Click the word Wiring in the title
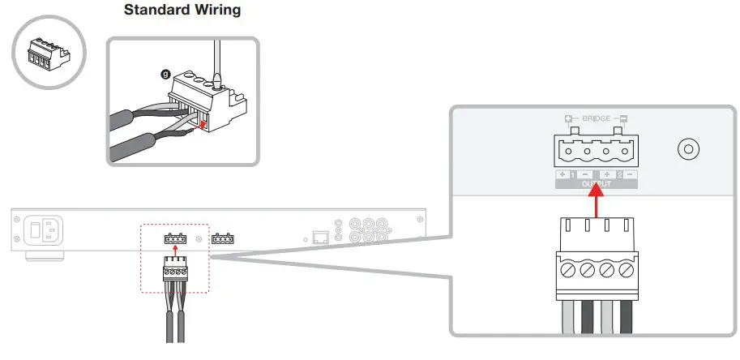tap(216, 11)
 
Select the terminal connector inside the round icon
tap(48, 54)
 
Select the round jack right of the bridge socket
tap(688, 150)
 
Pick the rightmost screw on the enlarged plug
tap(626, 267)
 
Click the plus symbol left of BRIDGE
tap(568, 118)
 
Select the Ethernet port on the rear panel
tap(320, 238)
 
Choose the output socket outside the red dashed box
tap(224, 239)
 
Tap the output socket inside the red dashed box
tap(176, 239)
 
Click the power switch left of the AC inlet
tap(35, 231)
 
